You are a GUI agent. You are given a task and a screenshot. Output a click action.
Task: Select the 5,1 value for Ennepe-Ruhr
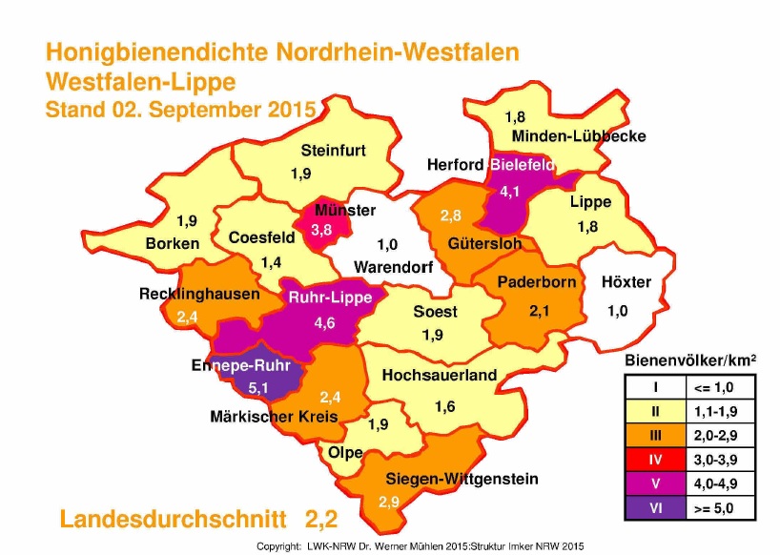pos(258,387)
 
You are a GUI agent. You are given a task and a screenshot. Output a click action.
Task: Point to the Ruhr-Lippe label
pos(326,297)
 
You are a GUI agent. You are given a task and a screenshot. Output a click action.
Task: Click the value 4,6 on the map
pos(325,323)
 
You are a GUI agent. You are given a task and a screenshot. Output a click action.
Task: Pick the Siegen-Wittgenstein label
pos(462,479)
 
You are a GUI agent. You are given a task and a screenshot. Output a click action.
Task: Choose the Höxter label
pos(626,282)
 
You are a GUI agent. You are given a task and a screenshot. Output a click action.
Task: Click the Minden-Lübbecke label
pos(579,136)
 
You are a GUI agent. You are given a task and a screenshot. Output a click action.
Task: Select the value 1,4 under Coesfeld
pos(272,261)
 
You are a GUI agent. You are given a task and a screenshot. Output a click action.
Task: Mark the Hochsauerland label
pos(440,376)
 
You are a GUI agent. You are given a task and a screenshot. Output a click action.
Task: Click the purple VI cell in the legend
pos(654,507)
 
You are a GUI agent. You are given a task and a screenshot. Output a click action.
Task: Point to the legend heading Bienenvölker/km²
pos(690,360)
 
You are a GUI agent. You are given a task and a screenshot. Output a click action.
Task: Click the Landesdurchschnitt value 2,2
pos(321,520)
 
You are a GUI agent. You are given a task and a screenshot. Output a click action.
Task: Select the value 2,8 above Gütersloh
pos(450,216)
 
